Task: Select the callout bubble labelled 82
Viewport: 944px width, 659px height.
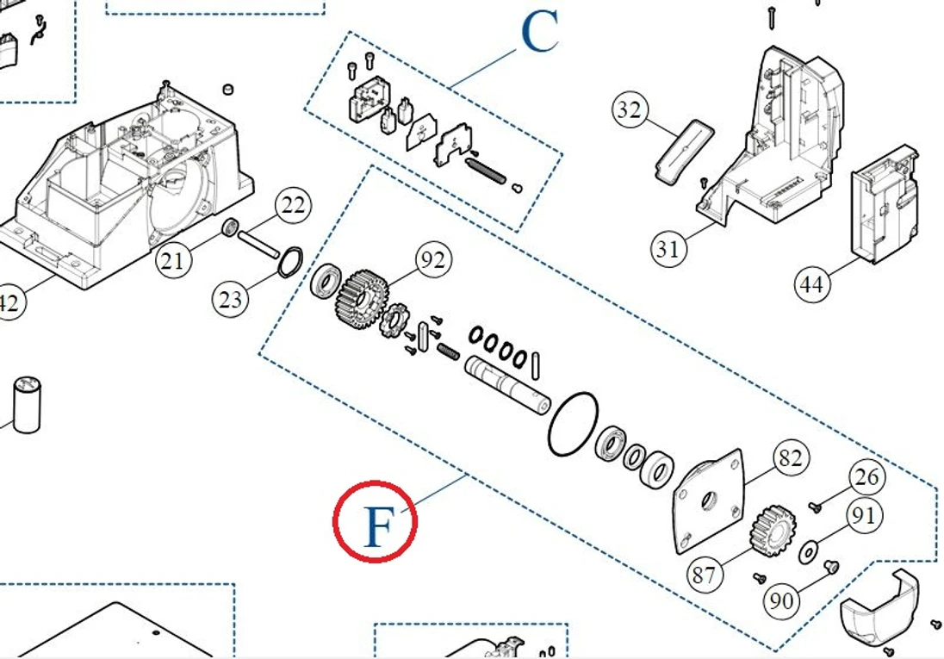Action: tap(789, 458)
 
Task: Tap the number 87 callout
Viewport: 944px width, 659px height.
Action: tap(704, 573)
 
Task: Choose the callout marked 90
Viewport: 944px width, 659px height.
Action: tap(782, 600)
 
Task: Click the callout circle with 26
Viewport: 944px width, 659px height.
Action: tap(868, 476)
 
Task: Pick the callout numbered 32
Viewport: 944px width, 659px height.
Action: tap(630, 109)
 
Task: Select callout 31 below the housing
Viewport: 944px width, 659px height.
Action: tap(668, 249)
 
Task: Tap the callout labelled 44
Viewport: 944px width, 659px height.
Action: tap(813, 283)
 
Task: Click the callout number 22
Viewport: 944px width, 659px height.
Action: tap(294, 206)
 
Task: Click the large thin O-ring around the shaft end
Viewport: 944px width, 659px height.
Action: tap(573, 423)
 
